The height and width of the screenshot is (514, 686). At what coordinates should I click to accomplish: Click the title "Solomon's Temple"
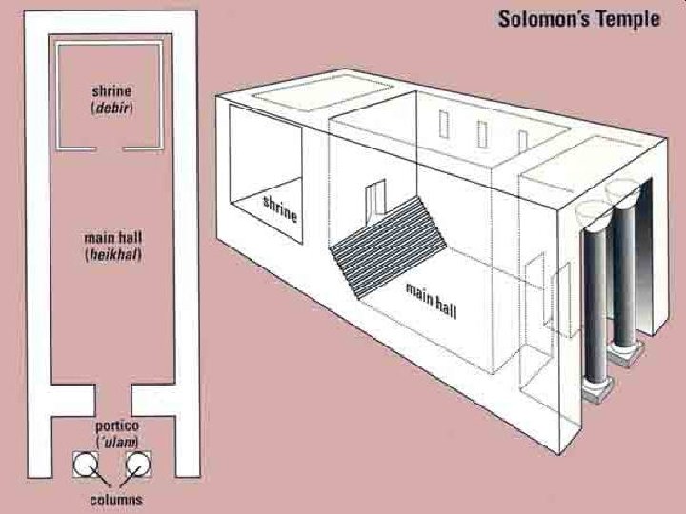pyautogui.click(x=578, y=20)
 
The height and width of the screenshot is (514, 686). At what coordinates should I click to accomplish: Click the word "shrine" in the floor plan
pyautogui.click(x=111, y=90)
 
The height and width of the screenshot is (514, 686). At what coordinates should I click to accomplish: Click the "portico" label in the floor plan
pyautogui.click(x=113, y=425)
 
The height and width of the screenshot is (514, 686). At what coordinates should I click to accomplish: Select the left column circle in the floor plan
pyautogui.click(x=88, y=465)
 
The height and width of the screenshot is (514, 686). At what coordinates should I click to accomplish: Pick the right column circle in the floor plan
pyautogui.click(x=139, y=465)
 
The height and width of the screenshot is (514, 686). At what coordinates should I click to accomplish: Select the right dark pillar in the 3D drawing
pyautogui.click(x=625, y=276)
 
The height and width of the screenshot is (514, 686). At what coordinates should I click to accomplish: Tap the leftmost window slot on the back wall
pyautogui.click(x=443, y=123)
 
